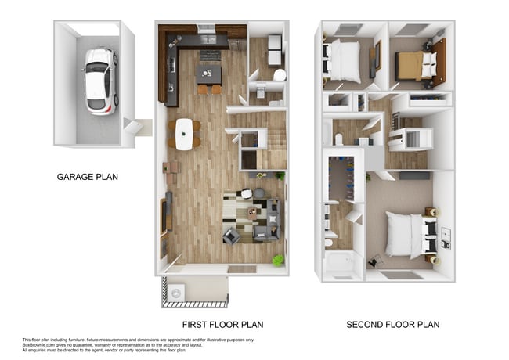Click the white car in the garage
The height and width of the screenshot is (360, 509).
pos(98,81)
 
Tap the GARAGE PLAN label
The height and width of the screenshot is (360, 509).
pos(88,177)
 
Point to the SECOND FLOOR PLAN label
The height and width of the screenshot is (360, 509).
pos(393,324)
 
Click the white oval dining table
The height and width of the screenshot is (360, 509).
pos(184,134)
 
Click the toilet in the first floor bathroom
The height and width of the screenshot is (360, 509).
pos(279,76)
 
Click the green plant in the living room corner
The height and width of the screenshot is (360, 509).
pos(276,259)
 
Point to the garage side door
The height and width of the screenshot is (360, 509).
pos(142,127)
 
